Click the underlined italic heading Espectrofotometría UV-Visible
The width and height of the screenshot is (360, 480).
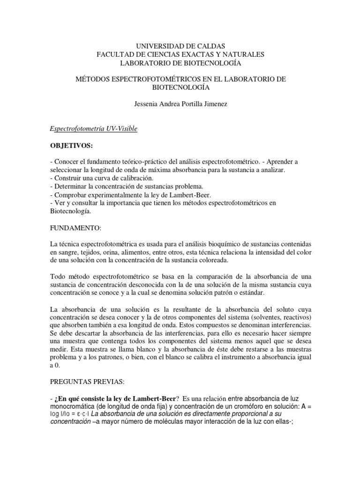click(x=94, y=128)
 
